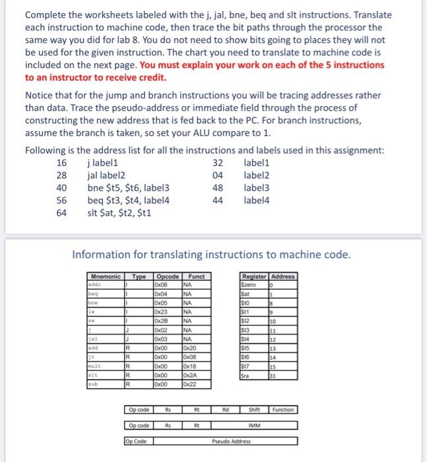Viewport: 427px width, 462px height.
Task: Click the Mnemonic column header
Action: [105, 276]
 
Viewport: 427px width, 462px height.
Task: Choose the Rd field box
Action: [226, 410]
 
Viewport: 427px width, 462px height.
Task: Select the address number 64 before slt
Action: [61, 213]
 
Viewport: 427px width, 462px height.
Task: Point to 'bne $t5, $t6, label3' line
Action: [128, 187]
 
